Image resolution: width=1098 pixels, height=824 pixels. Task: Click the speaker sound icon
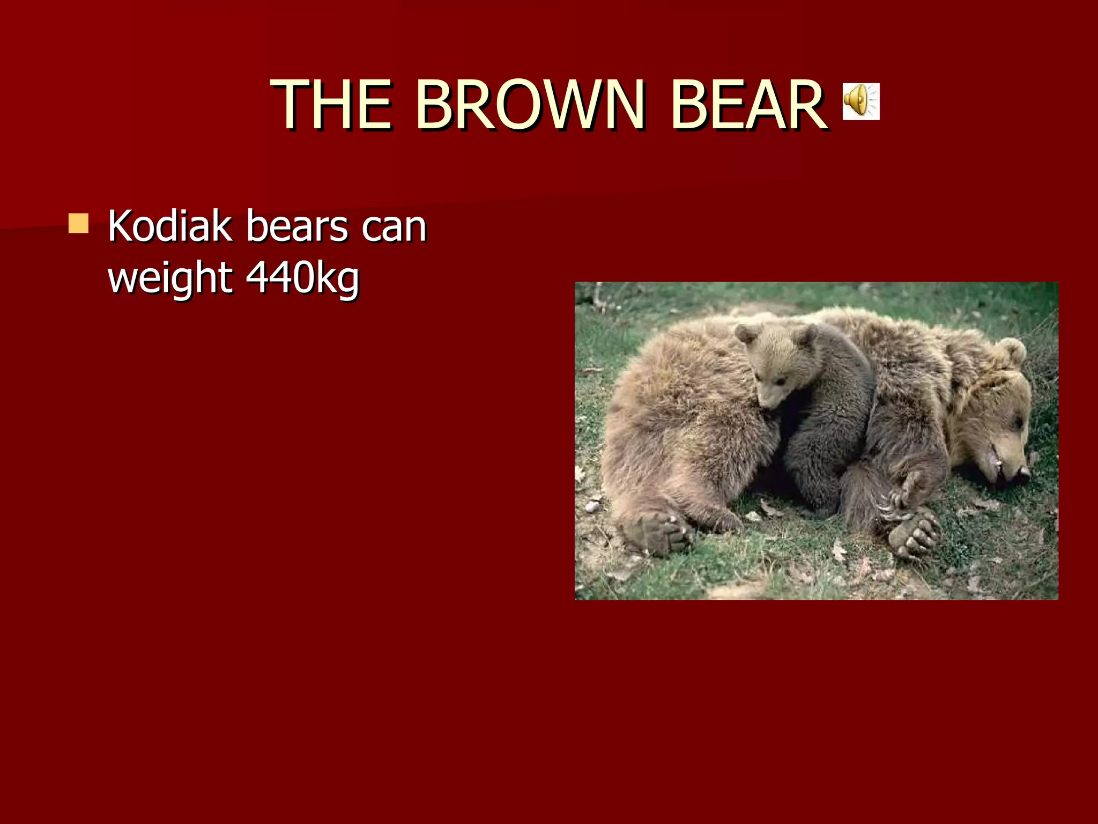coord(861,101)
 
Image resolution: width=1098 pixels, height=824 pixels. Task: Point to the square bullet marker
coord(78,223)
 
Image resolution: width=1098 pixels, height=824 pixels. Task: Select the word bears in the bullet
coord(296,226)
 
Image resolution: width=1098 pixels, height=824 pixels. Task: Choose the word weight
coord(170,278)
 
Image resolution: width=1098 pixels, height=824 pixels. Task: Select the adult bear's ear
coord(1011,351)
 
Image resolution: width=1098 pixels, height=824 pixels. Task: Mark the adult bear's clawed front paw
coord(914,531)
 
